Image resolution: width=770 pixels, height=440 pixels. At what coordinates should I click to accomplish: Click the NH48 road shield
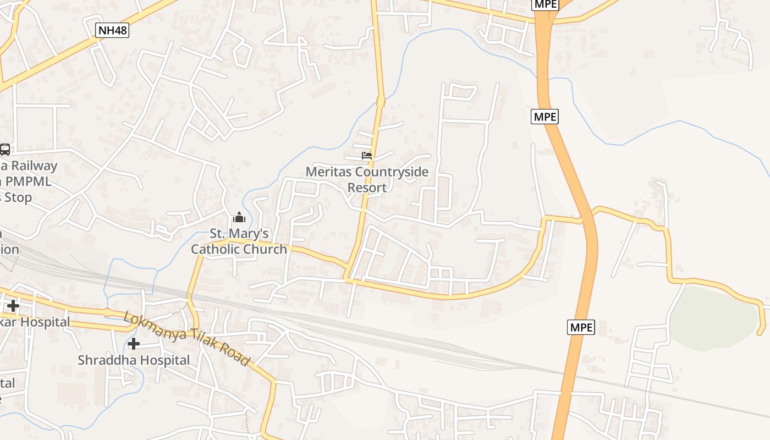pyautogui.click(x=112, y=30)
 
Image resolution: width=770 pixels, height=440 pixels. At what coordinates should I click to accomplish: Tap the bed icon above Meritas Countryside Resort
pyautogui.click(x=367, y=156)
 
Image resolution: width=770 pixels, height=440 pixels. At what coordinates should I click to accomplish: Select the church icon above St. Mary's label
pyautogui.click(x=239, y=217)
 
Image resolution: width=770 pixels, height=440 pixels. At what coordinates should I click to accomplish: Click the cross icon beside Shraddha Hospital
pyautogui.click(x=133, y=344)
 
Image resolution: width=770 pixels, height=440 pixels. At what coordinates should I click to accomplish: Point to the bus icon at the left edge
pyautogui.click(x=4, y=149)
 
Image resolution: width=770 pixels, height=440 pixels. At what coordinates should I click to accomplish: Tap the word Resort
pyautogui.click(x=367, y=187)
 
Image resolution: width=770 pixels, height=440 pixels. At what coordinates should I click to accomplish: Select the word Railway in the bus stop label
pyautogui.click(x=34, y=166)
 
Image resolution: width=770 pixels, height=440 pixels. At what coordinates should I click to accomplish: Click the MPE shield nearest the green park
pyautogui.click(x=581, y=327)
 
